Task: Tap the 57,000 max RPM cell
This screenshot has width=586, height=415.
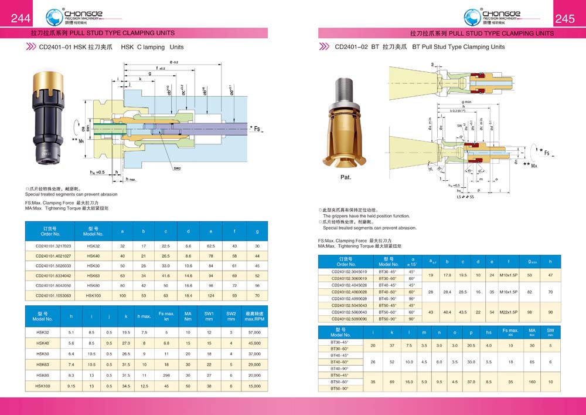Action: (x=254, y=332)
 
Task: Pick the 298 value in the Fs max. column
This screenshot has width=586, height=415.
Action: (x=166, y=374)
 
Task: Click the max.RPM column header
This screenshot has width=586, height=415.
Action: (x=254, y=316)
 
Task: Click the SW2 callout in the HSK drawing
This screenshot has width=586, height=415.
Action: (x=177, y=167)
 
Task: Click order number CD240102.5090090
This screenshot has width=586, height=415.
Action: (x=349, y=319)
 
